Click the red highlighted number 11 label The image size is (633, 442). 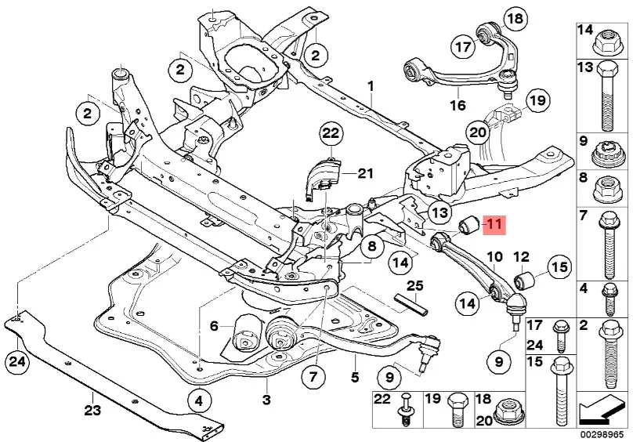point(494,223)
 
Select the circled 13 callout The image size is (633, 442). point(439,212)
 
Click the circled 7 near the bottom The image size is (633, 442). point(313,377)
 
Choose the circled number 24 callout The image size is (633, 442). point(17,360)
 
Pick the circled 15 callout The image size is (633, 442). point(559,267)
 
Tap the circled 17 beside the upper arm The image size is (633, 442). point(463,47)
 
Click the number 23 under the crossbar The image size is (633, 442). point(92,411)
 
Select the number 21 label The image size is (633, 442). point(364,174)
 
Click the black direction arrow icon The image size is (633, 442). point(602,411)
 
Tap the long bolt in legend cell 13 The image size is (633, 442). point(605,96)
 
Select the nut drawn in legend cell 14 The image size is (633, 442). point(604,43)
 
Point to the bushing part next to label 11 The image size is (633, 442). point(469,223)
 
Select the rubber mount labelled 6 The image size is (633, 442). point(245,335)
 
